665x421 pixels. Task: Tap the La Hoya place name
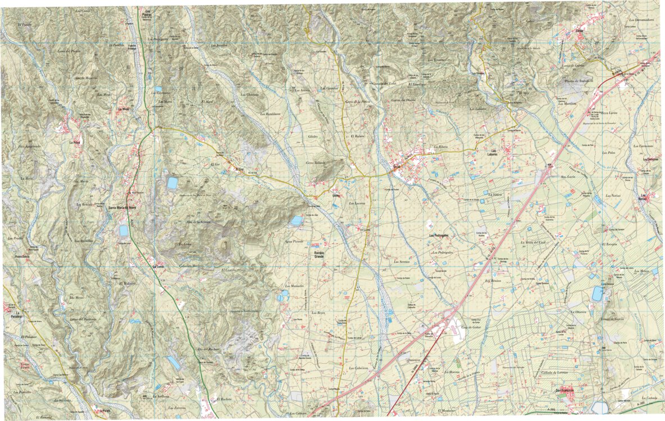pyautogui.click(x=75, y=143)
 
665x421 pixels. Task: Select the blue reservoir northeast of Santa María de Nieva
pyautogui.click(x=172, y=183)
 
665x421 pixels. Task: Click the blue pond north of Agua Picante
pyautogui.click(x=296, y=221)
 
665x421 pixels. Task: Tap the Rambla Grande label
pyautogui.click(x=318, y=254)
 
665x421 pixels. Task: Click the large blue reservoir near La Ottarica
pyautogui.click(x=598, y=293)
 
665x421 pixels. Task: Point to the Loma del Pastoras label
pyautogui.click(x=83, y=319)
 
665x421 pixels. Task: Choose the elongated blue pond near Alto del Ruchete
pyautogui.click(x=174, y=363)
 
